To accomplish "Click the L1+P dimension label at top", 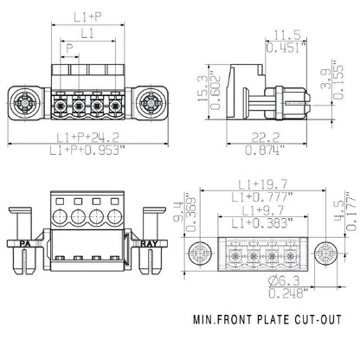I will point(85,16).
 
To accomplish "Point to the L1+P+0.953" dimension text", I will point(86,152).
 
